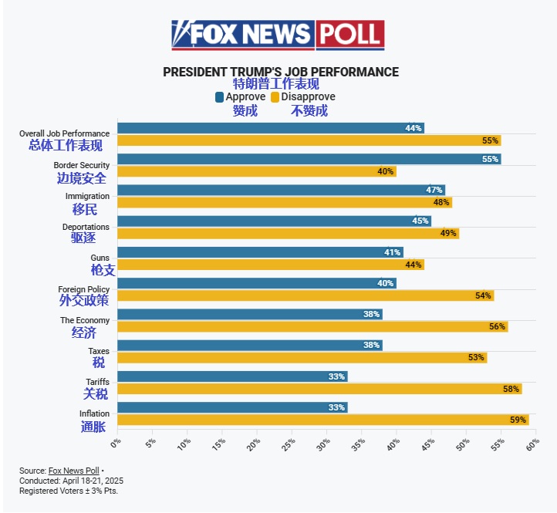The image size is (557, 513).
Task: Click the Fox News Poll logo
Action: [x=278, y=35]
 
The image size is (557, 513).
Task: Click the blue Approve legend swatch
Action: [x=220, y=97]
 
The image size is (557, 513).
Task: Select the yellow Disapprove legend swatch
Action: [x=275, y=97]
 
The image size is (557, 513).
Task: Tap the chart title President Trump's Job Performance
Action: [x=281, y=72]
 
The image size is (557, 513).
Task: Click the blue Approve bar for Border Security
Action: [x=309, y=159]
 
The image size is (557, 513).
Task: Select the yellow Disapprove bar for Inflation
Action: [x=322, y=420]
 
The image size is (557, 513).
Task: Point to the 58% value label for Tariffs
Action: [x=511, y=389]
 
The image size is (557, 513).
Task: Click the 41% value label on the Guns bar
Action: [x=392, y=252]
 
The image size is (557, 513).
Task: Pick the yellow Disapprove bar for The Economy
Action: [x=312, y=326]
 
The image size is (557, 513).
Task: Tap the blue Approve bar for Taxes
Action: [x=249, y=345]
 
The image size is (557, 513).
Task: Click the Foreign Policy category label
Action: [x=83, y=289]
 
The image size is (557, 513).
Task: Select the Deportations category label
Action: [x=86, y=227]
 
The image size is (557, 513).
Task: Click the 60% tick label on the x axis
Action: [x=532, y=444]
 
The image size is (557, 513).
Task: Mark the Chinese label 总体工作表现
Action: [x=65, y=145]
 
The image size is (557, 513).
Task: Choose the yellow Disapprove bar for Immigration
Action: [x=284, y=202]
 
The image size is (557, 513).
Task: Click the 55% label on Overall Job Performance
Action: [x=490, y=140]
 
